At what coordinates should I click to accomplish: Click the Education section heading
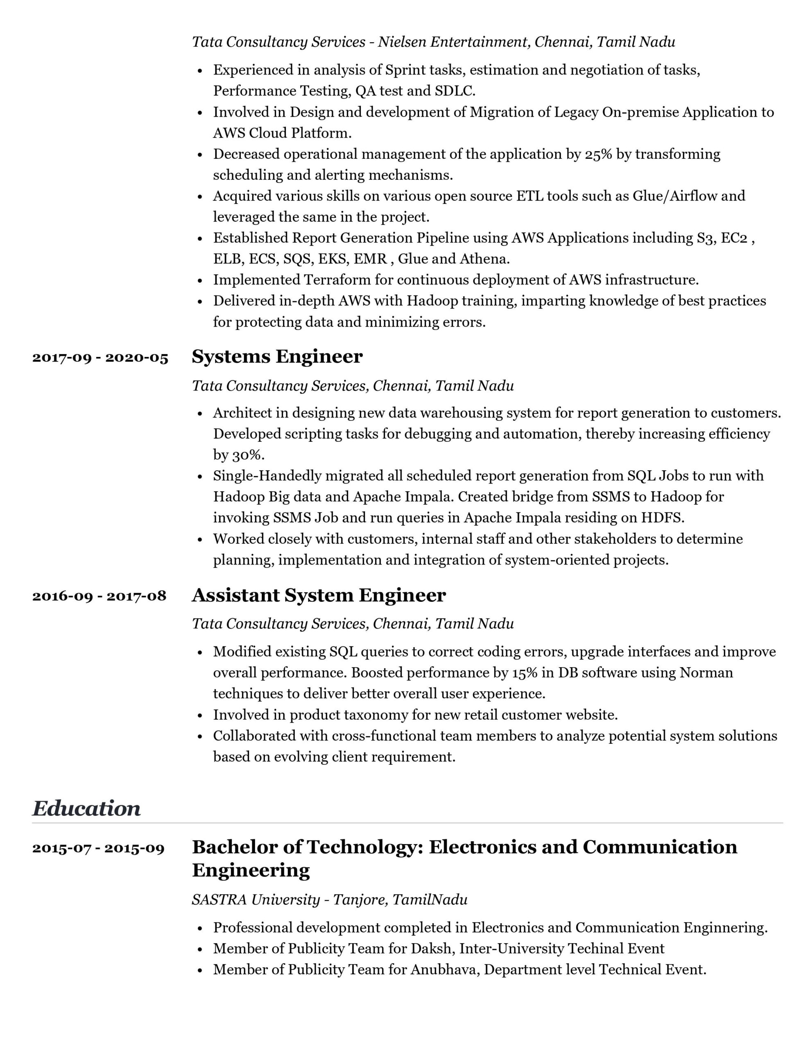click(x=86, y=809)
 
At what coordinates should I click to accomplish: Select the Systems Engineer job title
click(x=277, y=357)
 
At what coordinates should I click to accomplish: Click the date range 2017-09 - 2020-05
click(x=100, y=358)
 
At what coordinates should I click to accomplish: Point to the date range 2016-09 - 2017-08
click(x=100, y=596)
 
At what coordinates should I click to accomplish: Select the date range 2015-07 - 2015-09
click(x=98, y=848)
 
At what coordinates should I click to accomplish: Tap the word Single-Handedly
click(x=267, y=476)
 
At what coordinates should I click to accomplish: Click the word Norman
click(x=706, y=673)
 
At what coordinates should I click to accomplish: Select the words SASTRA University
click(x=256, y=900)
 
